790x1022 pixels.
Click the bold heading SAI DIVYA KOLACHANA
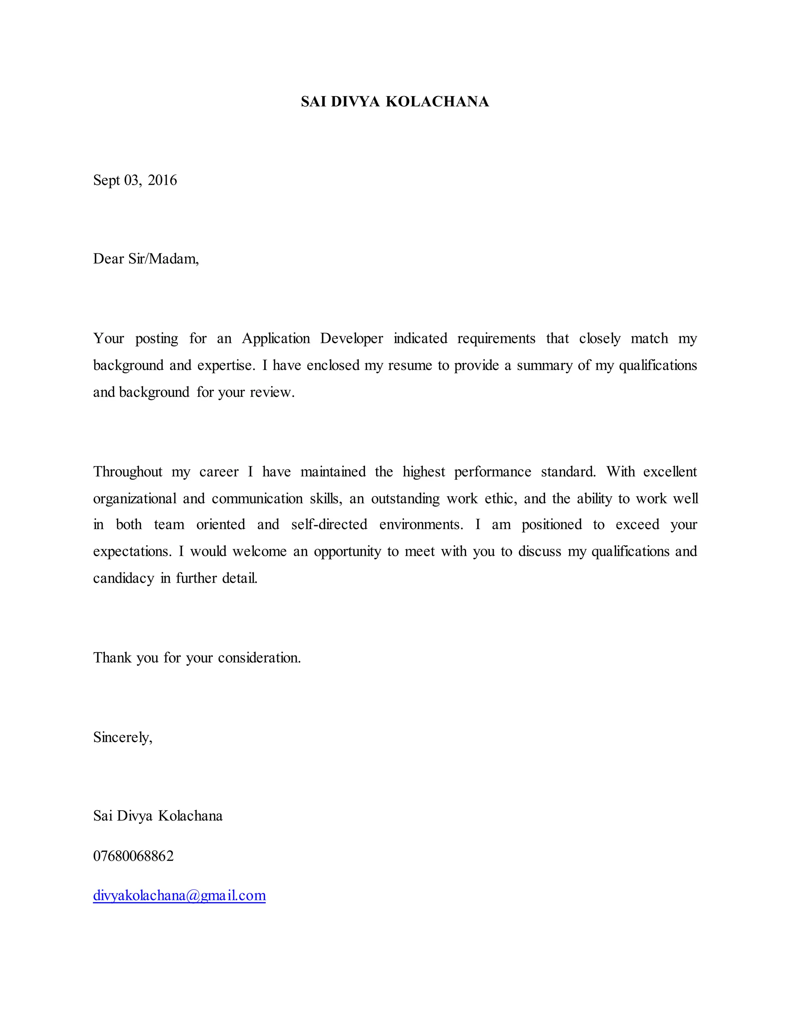395,101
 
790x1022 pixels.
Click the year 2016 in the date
162,180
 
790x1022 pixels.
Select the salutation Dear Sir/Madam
145,259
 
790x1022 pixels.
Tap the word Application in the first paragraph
276,338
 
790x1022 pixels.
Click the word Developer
351,338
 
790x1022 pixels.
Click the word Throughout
128,472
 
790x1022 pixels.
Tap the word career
219,472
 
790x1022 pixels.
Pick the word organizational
135,498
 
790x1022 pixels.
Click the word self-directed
329,524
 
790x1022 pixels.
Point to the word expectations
132,551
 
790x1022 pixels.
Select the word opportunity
347,551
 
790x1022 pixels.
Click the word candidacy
123,578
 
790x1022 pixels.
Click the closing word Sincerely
122,737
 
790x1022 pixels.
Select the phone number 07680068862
133,856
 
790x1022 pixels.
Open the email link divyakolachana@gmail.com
179,896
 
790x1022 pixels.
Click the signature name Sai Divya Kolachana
158,816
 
